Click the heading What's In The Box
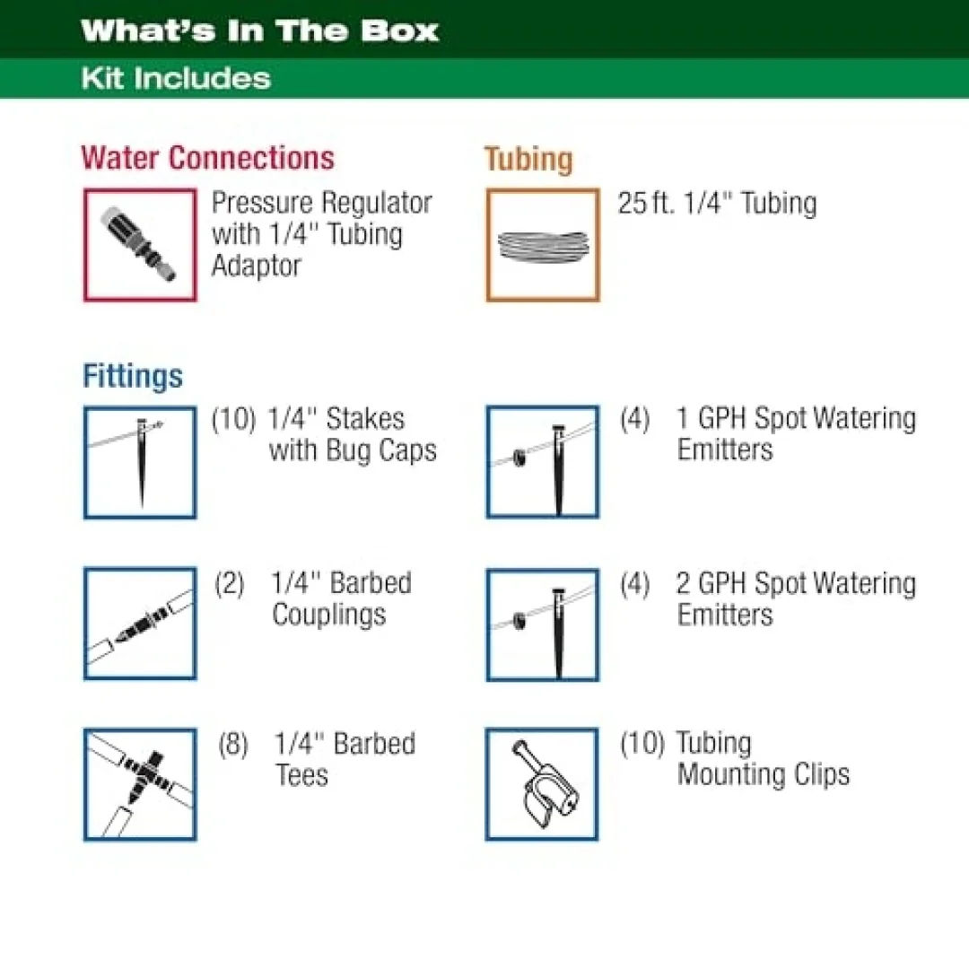[259, 31]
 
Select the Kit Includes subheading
[176, 78]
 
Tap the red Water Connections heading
[207, 158]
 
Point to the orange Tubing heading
[528, 160]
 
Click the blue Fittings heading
[133, 376]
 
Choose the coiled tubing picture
[543, 245]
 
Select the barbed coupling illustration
[140, 624]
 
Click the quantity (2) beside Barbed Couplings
[230, 583]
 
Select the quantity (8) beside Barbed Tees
[233, 744]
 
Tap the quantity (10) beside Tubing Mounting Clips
[642, 743]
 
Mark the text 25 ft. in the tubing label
[646, 203]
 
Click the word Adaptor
[257, 266]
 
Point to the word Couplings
[329, 615]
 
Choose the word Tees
[301, 775]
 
